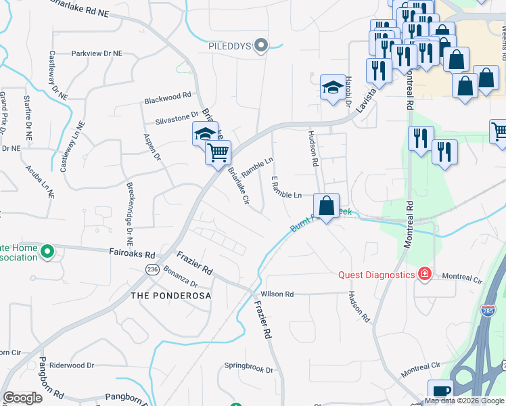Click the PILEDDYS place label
point(229,46)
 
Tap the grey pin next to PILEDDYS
point(264,45)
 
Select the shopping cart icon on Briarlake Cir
point(218,153)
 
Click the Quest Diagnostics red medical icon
point(424,274)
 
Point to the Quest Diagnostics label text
point(377,275)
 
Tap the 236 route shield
point(152,269)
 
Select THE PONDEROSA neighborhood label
point(170,296)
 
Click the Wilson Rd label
point(278,294)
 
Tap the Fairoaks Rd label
point(133,255)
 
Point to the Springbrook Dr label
point(249,370)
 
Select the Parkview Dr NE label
point(97,53)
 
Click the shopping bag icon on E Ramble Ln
point(327,206)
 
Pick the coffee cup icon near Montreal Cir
point(440,392)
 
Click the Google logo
point(22,398)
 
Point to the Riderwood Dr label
point(72,365)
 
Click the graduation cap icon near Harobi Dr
point(333,88)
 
